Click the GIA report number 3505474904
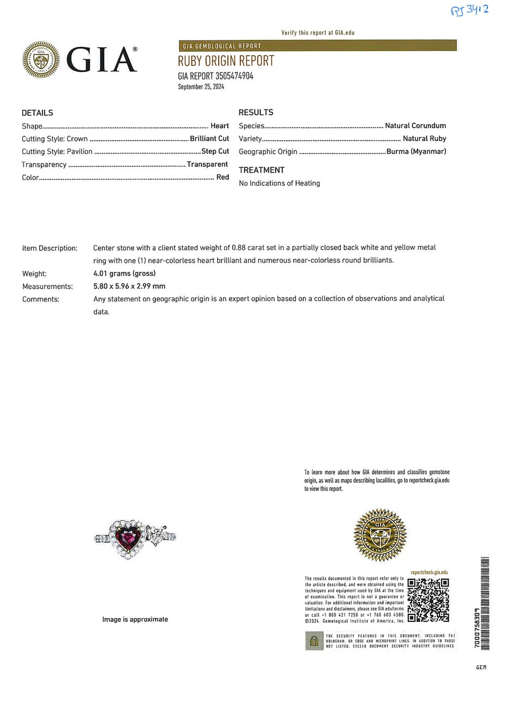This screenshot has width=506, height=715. point(215,76)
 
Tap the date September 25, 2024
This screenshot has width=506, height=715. point(201,87)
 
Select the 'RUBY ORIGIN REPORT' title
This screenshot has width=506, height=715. point(226,60)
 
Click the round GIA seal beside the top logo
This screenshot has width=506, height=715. point(41,60)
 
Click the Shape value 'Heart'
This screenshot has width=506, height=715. point(220,126)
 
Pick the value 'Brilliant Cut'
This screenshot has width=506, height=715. point(209,138)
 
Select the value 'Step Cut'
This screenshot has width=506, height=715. point(215,151)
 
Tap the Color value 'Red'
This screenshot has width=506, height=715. point(222,177)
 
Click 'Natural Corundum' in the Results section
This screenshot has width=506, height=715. point(415,125)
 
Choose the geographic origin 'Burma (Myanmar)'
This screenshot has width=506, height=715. point(416,152)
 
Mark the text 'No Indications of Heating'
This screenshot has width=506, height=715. point(279,183)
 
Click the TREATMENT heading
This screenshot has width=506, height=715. point(262,170)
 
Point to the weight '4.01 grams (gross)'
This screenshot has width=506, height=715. point(124,274)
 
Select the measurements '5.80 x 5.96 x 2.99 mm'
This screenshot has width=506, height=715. point(129,286)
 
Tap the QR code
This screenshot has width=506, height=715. point(429,600)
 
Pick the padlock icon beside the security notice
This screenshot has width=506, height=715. point(314,641)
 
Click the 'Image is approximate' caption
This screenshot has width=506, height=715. point(135,619)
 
